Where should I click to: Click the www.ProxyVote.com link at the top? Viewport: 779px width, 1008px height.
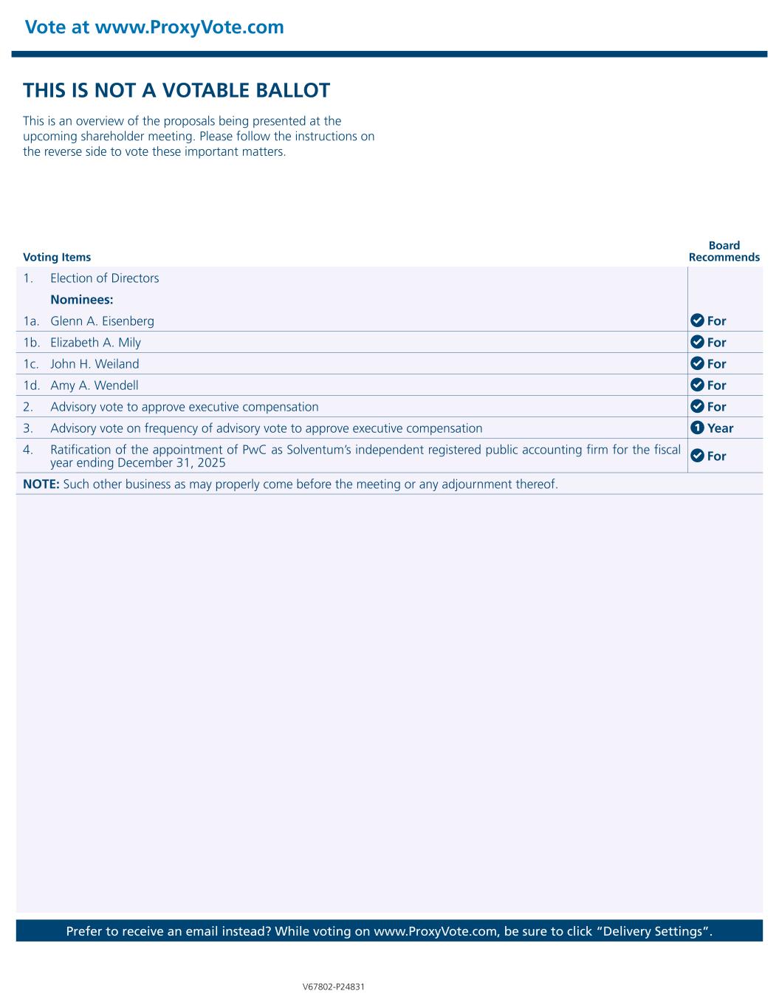(190, 27)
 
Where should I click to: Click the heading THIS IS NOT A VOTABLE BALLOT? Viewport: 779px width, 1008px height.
(176, 91)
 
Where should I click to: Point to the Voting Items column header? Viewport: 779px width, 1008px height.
(57, 257)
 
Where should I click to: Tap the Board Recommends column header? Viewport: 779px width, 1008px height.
(724, 251)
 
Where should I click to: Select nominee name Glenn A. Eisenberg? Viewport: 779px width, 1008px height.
(102, 321)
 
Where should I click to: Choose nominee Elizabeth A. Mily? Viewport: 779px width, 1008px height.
(95, 343)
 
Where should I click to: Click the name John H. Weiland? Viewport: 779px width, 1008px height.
(95, 364)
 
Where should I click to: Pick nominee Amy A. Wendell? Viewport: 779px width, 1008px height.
(94, 385)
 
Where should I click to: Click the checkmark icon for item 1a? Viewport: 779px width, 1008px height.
(696, 320)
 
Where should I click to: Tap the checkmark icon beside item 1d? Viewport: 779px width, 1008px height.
(696, 385)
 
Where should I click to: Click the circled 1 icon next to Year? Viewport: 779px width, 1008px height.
(696, 428)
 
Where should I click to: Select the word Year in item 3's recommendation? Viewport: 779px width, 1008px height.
(720, 428)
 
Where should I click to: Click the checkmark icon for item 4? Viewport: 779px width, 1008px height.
(696, 456)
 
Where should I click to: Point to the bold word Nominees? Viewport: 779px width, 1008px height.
(81, 300)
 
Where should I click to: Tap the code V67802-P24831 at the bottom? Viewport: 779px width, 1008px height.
(334, 987)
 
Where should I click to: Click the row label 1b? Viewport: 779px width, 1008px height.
(31, 343)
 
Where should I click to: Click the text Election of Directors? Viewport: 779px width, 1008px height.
(104, 278)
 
